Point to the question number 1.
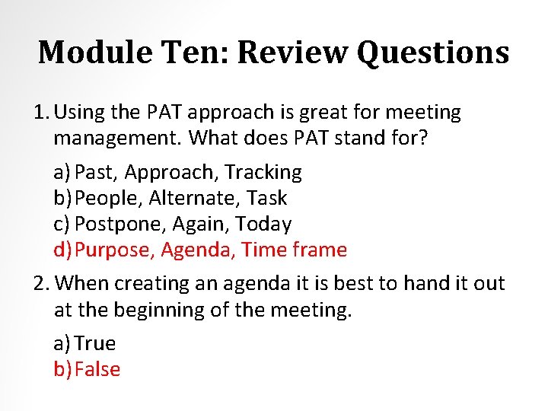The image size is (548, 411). pyautogui.click(x=41, y=113)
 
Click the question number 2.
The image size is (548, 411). pyautogui.click(x=41, y=283)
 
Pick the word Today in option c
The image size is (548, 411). pyautogui.click(x=263, y=225)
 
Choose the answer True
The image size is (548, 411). pyautogui.click(x=95, y=343)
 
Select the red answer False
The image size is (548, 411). pyautogui.click(x=98, y=369)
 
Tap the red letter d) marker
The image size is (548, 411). pyautogui.click(x=63, y=250)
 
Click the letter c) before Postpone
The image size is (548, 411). pyautogui.click(x=62, y=225)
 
